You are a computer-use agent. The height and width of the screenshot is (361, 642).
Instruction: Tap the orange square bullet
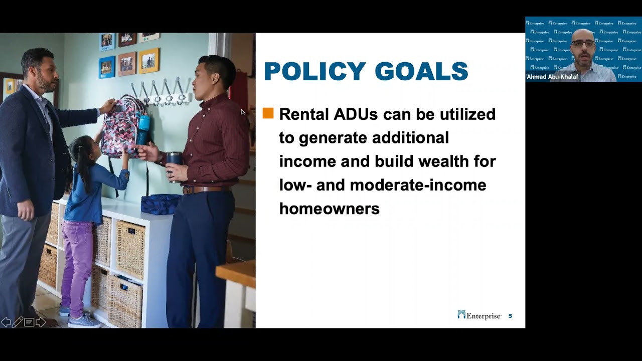268,113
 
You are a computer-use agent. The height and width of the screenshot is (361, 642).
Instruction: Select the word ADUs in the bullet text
356,114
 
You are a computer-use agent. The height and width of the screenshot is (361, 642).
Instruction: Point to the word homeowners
329,209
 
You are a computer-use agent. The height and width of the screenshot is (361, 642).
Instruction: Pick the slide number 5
510,316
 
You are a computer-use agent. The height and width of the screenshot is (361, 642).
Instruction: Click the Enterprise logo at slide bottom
479,315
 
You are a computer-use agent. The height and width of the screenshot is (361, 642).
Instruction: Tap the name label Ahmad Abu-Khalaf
552,77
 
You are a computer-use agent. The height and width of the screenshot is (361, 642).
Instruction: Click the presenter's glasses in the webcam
582,44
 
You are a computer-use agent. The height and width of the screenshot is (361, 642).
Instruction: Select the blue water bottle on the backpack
143,129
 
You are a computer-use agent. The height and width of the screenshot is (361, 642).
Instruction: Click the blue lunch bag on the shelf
160,204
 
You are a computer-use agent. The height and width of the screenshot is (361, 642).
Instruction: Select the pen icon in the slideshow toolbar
18,322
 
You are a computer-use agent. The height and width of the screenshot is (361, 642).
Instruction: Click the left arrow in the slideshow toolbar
6,322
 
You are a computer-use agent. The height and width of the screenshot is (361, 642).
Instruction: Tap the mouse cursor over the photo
243,112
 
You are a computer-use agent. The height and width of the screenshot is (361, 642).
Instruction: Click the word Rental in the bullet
304,114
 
